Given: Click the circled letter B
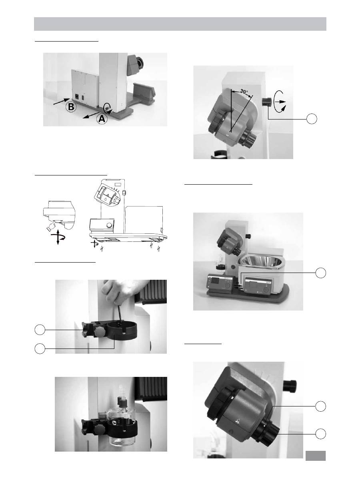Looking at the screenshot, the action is click(x=71, y=107).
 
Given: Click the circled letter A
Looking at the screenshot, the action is click(x=102, y=118).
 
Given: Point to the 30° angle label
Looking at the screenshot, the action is click(x=244, y=91).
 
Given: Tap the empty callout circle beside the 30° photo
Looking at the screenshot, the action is click(x=312, y=119).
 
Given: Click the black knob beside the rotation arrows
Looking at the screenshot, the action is click(x=267, y=102).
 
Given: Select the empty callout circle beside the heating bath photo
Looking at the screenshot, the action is click(x=320, y=273).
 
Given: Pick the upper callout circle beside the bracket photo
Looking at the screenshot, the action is click(x=40, y=330).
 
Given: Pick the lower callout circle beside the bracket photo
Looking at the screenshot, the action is click(x=40, y=348).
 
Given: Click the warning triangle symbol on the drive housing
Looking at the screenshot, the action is click(x=237, y=422).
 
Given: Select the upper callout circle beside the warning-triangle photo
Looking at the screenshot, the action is click(x=320, y=406).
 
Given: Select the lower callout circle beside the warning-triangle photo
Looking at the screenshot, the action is click(x=320, y=434).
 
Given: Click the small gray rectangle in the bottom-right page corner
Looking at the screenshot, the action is click(x=316, y=456).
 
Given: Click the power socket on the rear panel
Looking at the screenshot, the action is click(x=76, y=97).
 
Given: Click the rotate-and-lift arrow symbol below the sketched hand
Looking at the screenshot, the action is click(x=58, y=237).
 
